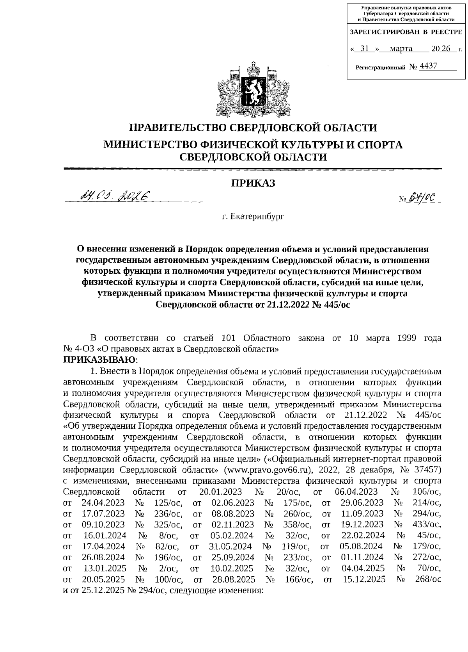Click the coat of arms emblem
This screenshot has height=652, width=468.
(253, 89)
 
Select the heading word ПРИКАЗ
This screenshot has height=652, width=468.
(253, 183)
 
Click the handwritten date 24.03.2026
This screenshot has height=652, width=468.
(115, 195)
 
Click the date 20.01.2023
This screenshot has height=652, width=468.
(220, 492)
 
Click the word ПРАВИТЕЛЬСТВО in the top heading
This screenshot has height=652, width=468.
(178, 128)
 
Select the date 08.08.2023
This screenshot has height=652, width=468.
(233, 513)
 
